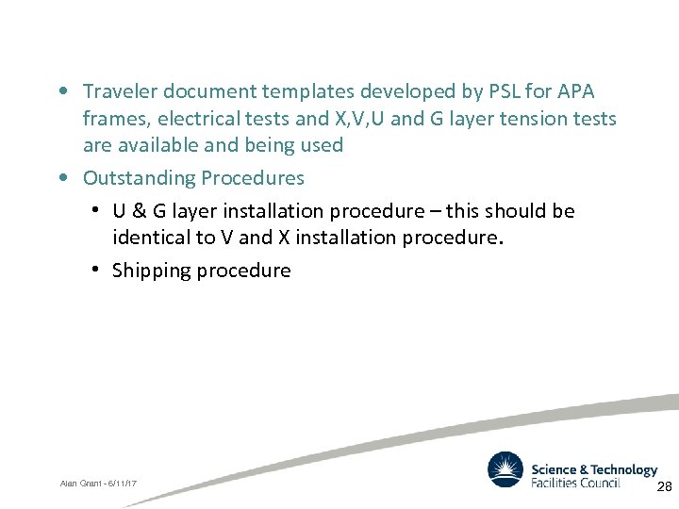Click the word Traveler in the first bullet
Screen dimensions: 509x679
(x=120, y=91)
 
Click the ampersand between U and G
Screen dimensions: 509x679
(x=134, y=211)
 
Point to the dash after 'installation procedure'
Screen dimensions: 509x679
(x=436, y=211)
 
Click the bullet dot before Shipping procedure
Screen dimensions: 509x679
(x=97, y=271)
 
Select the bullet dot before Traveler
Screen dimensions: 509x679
(x=62, y=91)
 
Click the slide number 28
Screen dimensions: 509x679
(x=664, y=486)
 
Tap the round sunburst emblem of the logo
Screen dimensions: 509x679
(x=505, y=469)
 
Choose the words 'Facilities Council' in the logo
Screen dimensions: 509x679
(x=575, y=483)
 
